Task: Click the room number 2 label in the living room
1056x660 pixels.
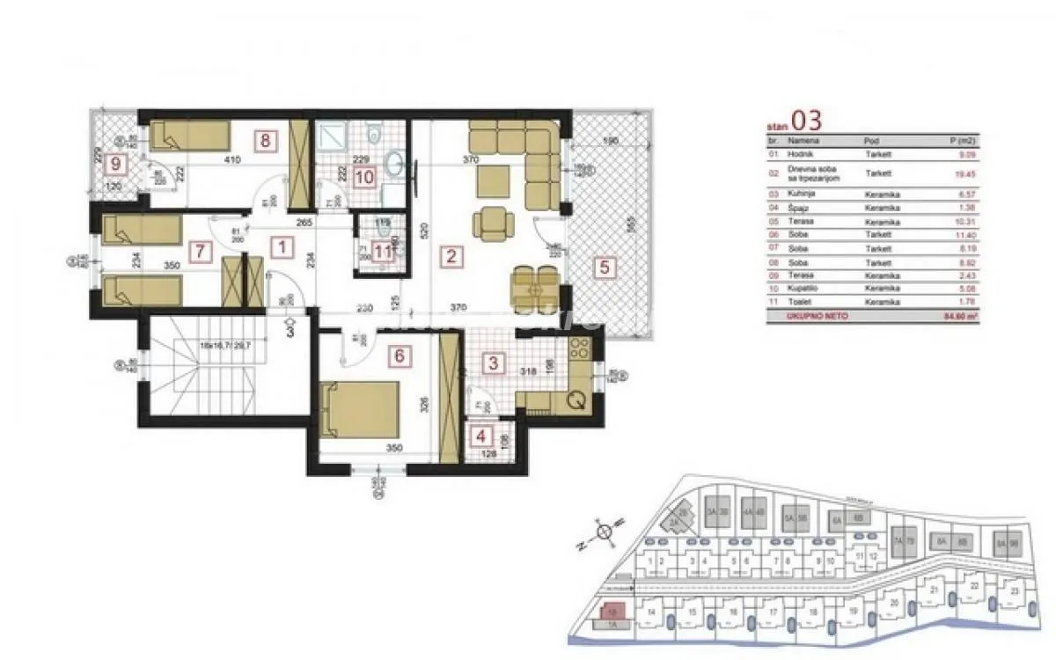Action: (451, 257)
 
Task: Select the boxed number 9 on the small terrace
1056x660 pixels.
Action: (114, 163)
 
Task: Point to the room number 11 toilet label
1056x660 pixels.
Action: (379, 251)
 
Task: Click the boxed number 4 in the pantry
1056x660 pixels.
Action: (480, 435)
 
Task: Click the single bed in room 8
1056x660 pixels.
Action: (190, 136)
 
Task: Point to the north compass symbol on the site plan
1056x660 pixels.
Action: (604, 532)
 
